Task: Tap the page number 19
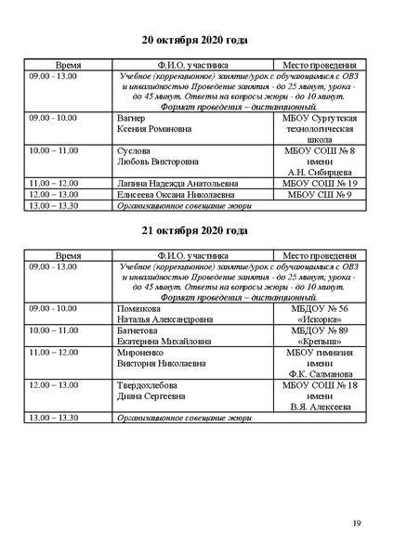coord(357,524)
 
